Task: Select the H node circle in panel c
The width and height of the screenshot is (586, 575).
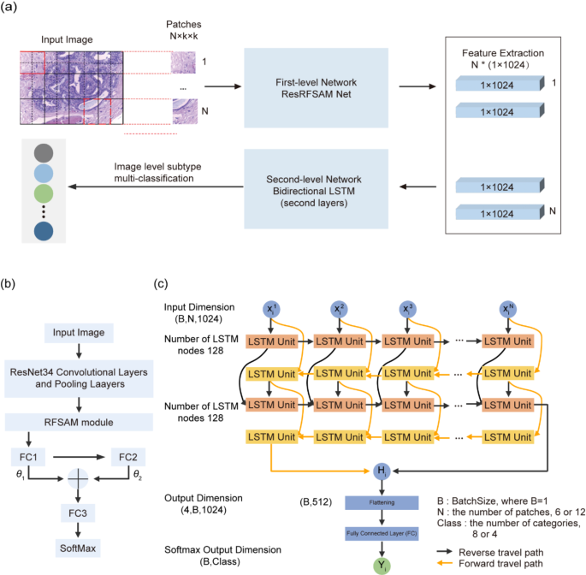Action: point(382,470)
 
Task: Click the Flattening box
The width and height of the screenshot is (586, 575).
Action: point(382,503)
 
